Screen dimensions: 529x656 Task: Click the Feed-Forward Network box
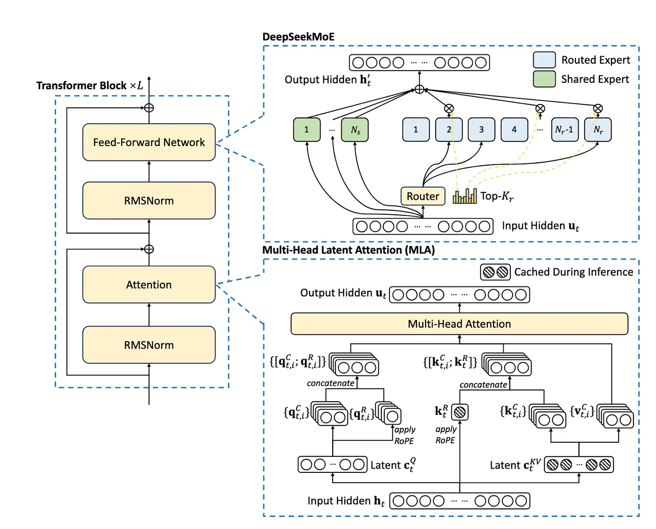[x=149, y=142]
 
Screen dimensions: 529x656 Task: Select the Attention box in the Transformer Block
[x=149, y=285]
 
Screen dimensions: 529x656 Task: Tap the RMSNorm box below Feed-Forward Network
[x=149, y=200]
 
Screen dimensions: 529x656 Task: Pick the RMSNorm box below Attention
[x=149, y=345]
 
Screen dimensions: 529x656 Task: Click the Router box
[x=423, y=196]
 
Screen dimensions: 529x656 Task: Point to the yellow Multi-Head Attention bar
[x=459, y=324]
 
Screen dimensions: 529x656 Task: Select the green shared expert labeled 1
[x=307, y=130]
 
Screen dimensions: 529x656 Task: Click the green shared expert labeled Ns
[x=355, y=130]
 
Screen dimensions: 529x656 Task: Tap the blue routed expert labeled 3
[x=481, y=130]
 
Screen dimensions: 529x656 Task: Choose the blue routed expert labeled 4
[x=514, y=130]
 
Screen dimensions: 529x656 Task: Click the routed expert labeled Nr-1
[x=564, y=130]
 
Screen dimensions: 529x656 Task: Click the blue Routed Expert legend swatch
[x=544, y=60]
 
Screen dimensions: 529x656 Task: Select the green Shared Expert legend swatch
[x=544, y=79]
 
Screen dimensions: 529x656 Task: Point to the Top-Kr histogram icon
[x=465, y=196]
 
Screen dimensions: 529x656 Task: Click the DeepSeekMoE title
[x=298, y=37]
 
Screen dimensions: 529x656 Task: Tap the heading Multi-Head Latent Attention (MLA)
[x=349, y=250]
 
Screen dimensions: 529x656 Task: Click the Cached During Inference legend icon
[x=495, y=272]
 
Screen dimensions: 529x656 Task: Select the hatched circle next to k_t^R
[x=460, y=412]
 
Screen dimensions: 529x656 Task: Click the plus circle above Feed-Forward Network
[x=149, y=108]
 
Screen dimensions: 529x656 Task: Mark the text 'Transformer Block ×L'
[x=90, y=86]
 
